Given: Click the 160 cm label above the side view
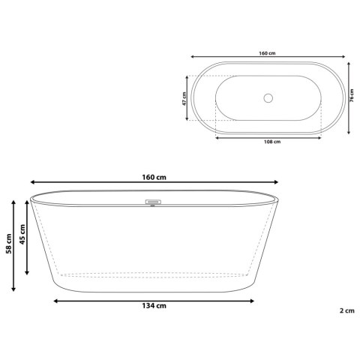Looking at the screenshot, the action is click(x=154, y=177).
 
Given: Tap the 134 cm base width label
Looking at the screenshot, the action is click(x=154, y=306).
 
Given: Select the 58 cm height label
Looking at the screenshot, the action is click(x=9, y=244).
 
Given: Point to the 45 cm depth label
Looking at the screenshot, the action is click(x=22, y=234).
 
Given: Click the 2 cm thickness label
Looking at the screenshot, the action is click(x=347, y=310).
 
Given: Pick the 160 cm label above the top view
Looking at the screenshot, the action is click(x=267, y=53).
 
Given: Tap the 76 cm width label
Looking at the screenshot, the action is click(x=352, y=95).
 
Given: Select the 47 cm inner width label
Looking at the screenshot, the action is click(x=184, y=99).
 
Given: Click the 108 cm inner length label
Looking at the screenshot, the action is click(x=272, y=142).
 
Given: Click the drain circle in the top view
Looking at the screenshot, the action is click(x=268, y=98).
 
